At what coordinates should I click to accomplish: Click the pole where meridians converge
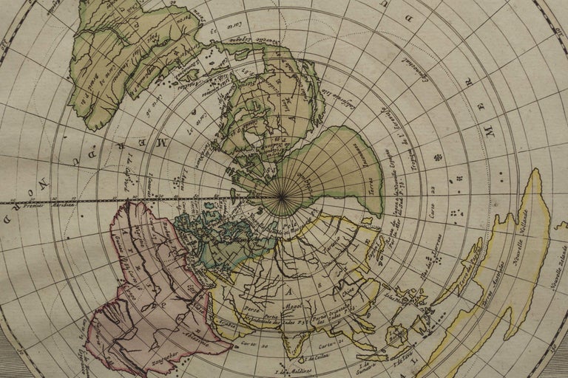pyautogui.click(x=282, y=198)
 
